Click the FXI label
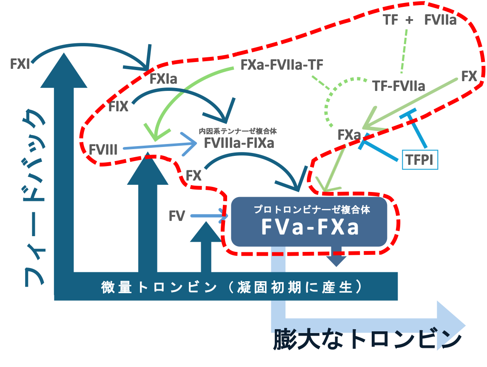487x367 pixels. tap(20, 64)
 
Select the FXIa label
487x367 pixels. tap(163, 79)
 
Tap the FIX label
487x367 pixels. tap(118, 107)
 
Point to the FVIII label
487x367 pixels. tap(103, 150)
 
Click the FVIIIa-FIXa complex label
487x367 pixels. tap(239, 143)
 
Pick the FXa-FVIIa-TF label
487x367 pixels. tap(282, 65)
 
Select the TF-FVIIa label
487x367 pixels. tap(399, 86)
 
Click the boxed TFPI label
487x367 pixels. tap(420, 160)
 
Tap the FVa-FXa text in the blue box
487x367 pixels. tap(310, 227)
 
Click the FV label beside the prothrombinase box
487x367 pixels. tap(177, 216)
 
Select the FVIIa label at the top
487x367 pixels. tap(440, 20)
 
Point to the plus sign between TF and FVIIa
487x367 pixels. tap(409, 20)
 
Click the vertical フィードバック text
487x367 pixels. tap(34, 198)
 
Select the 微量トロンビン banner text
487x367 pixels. tap(231, 287)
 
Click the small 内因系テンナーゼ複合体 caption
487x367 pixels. tap(238, 131)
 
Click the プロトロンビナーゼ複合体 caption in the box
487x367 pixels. tap(312, 210)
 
